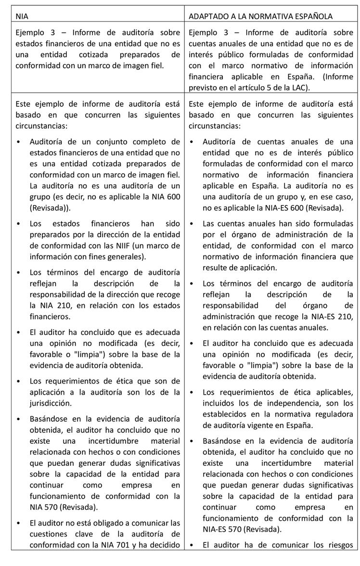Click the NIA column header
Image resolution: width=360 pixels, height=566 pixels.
pos(22,16)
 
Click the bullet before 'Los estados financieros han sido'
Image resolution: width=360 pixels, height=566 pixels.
pos(18,223)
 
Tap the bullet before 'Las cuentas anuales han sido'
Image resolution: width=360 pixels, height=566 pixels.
pos(192,224)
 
